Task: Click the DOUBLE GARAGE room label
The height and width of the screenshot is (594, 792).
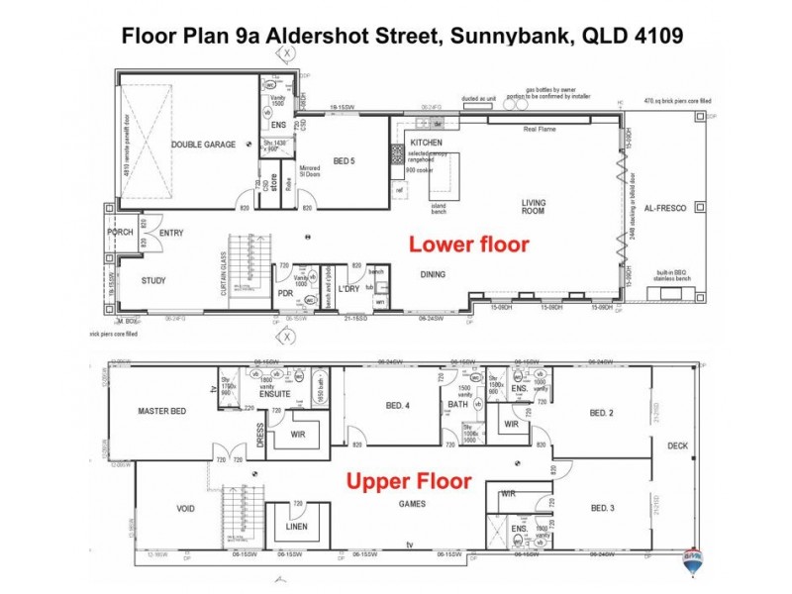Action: coord(203,145)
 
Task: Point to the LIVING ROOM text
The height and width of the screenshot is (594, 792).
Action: coord(534,207)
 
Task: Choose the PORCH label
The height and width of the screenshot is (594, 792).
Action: coord(120,233)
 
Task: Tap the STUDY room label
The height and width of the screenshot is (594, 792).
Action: coord(153,280)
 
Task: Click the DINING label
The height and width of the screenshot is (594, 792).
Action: coord(433,274)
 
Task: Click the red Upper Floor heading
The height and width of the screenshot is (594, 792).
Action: coord(407,483)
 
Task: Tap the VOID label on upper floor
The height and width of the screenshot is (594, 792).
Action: coord(185,509)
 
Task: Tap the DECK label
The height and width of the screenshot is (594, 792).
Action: coord(677,445)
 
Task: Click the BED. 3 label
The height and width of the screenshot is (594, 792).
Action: coord(603,508)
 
